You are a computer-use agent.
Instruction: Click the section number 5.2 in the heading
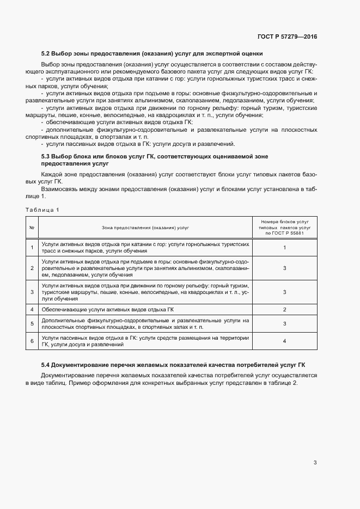(46, 54)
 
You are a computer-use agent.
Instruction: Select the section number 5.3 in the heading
(46, 157)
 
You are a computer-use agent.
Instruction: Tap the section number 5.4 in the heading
(46, 364)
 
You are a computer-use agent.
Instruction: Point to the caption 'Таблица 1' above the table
(42, 210)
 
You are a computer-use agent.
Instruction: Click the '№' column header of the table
(32, 227)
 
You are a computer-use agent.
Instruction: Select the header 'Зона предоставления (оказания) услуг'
(145, 227)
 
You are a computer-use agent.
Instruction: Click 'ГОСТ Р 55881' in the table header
(285, 233)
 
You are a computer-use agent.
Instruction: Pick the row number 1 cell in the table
(32, 248)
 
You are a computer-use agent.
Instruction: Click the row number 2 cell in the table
(32, 268)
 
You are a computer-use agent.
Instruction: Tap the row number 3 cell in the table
(32, 292)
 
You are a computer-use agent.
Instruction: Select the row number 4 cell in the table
(32, 309)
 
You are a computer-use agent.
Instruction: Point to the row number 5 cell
(32, 323)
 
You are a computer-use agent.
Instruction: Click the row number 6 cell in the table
(32, 341)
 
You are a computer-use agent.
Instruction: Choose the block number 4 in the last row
(285, 341)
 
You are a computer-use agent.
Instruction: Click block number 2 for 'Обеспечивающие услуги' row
(285, 309)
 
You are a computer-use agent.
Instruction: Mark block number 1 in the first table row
(285, 248)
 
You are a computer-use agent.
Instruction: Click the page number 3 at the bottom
(315, 463)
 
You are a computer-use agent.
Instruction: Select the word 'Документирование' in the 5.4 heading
(81, 364)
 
